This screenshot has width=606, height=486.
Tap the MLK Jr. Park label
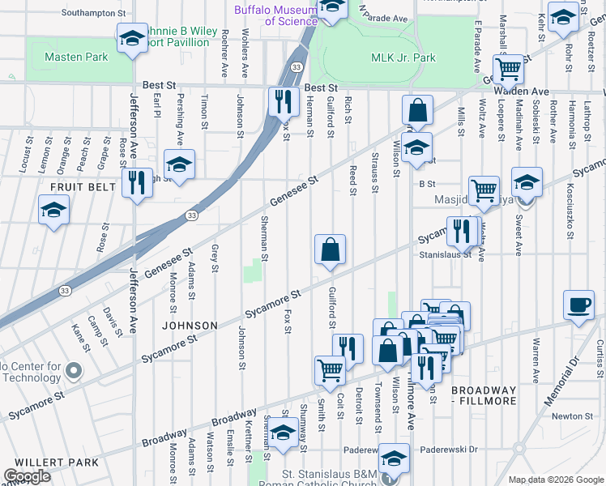tap(403, 58)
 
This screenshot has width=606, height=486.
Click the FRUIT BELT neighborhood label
tap(79, 186)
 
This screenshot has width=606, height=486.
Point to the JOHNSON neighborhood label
tap(190, 326)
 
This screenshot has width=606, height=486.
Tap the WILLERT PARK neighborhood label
tap(49, 463)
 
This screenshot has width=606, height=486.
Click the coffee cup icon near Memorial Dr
tap(578, 305)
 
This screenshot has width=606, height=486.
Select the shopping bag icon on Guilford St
tap(331, 250)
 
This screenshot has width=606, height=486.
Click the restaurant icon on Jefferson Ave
tap(137, 182)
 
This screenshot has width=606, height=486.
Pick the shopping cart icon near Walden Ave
tap(508, 70)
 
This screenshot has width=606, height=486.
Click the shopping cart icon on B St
tap(484, 190)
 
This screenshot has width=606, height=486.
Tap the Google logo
tap(28, 475)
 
